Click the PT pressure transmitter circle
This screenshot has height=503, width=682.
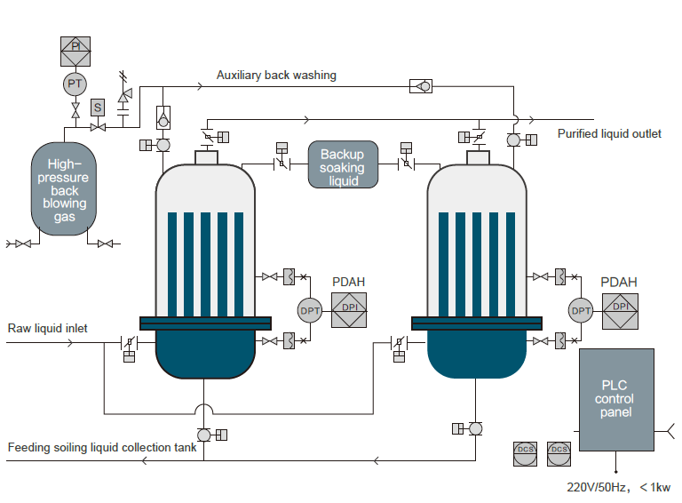coord(75,84)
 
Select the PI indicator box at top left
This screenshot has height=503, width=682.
coord(75,49)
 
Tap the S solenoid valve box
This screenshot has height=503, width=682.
coord(98,107)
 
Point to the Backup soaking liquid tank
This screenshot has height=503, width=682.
coord(343,166)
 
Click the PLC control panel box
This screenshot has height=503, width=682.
coord(615,399)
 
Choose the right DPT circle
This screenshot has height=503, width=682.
coord(581,310)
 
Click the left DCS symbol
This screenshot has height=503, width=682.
coord(526,452)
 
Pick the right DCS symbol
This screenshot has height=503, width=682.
coord(559,452)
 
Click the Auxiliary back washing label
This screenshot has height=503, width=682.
coord(276,76)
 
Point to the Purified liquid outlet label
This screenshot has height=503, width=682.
coord(609,134)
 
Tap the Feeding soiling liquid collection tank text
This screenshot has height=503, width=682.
coord(102,447)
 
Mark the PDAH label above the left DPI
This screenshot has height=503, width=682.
coord(348,283)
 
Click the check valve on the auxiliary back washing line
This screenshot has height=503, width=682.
coord(421,86)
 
